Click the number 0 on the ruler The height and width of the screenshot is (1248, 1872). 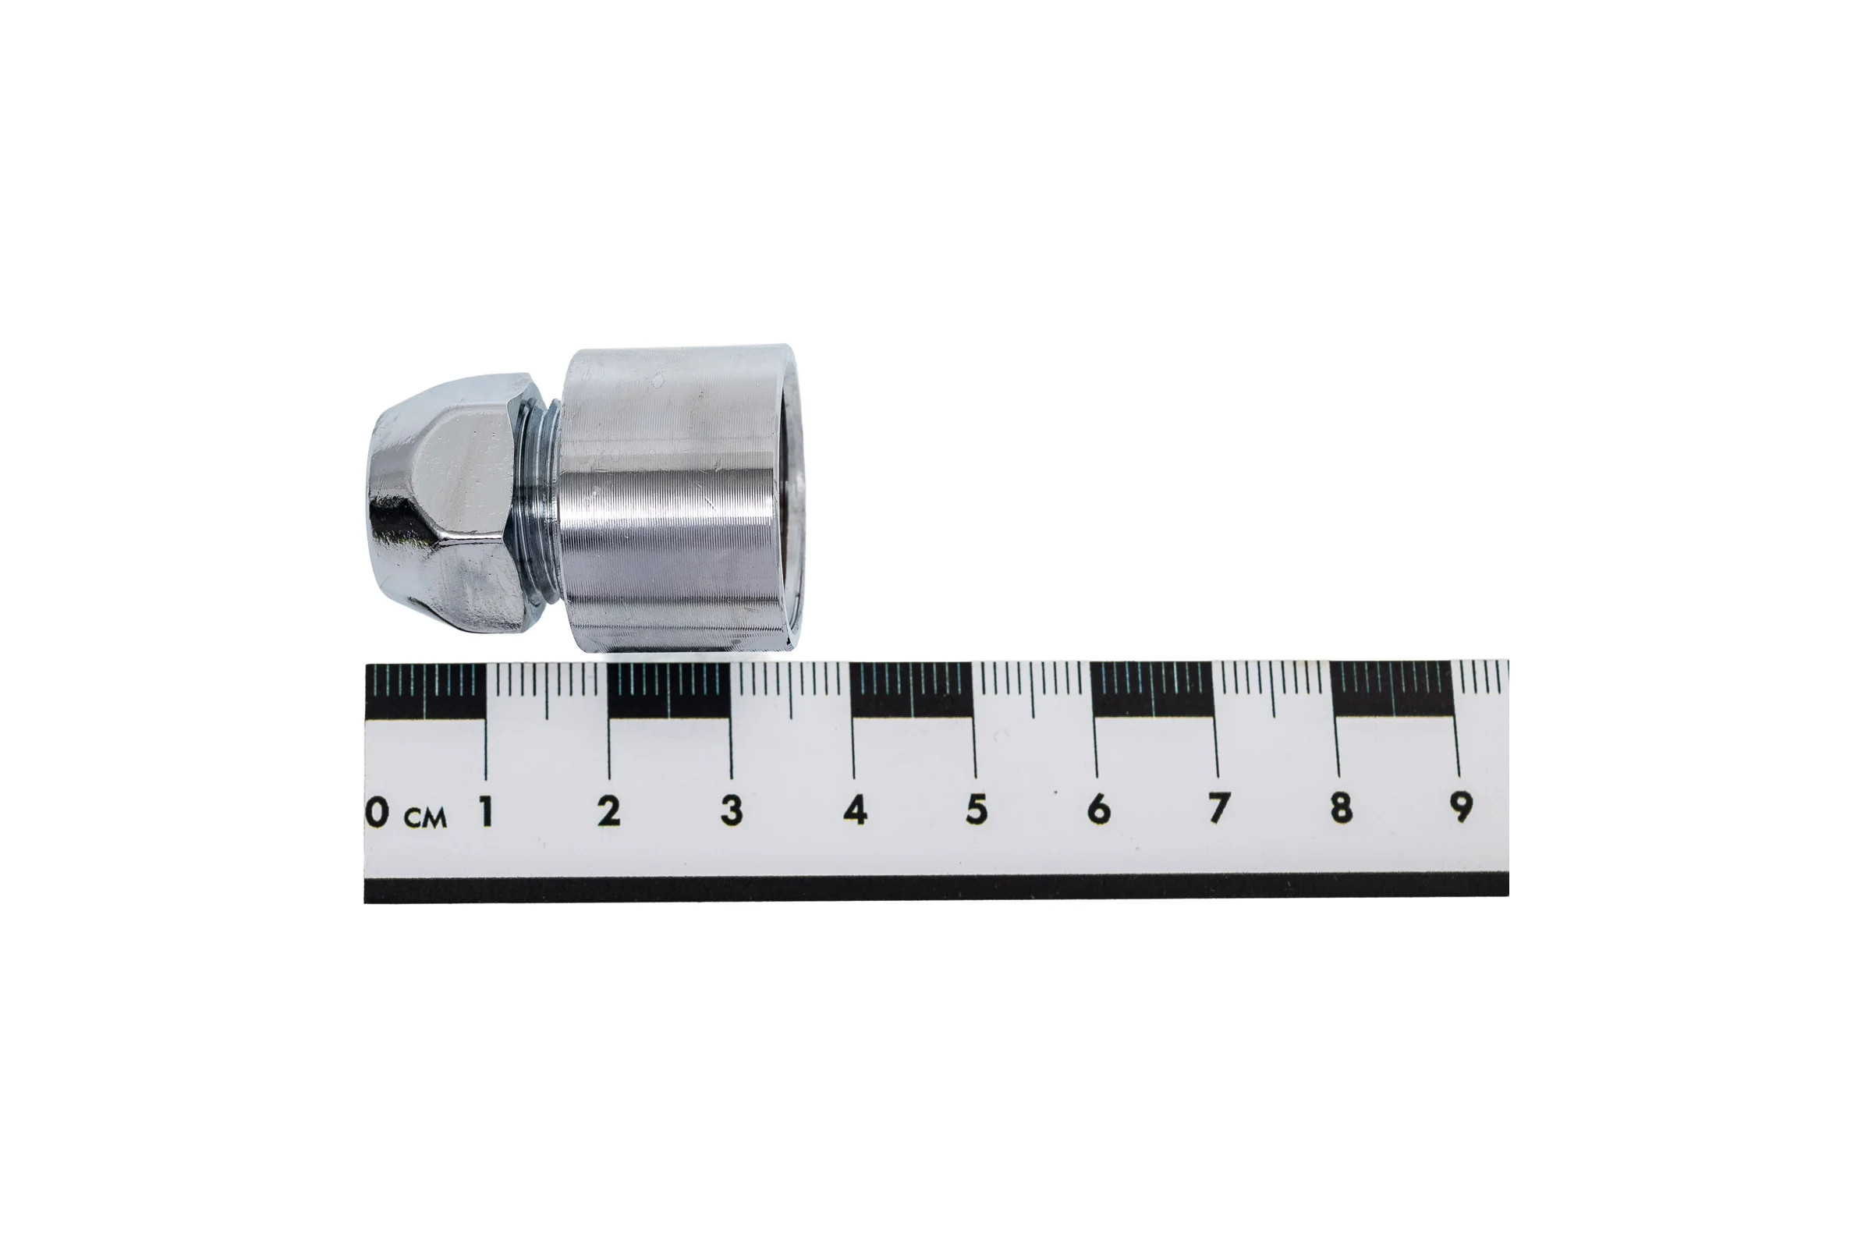click(378, 813)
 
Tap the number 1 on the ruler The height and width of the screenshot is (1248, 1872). click(485, 812)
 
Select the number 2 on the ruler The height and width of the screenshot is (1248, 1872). click(609, 811)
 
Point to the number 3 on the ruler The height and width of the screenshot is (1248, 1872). click(732, 810)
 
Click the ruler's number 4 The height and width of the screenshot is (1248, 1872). click(855, 810)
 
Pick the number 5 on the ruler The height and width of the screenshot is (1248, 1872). click(977, 810)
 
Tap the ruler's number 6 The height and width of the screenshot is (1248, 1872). click(1098, 809)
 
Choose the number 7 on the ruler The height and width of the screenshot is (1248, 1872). click(1218, 808)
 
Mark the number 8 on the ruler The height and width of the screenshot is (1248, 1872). click(1340, 807)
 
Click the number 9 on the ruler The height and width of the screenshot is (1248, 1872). click(1460, 807)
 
